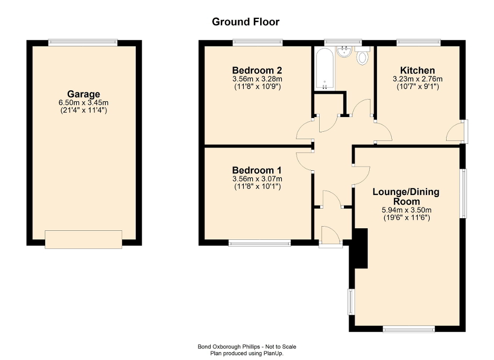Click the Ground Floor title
pyautogui.click(x=245, y=22)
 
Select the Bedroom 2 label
pyautogui.click(x=257, y=70)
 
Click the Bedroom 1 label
pyautogui.click(x=257, y=170)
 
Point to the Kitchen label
pyautogui.click(x=418, y=70)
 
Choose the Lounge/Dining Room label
pyautogui.click(x=406, y=197)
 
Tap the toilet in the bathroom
pyautogui.click(x=362, y=56)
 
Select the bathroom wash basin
pyautogui.click(x=344, y=51)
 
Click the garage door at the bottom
pyautogui.click(x=83, y=239)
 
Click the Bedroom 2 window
pyautogui.click(x=258, y=42)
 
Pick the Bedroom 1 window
pyautogui.click(x=260, y=243)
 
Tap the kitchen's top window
pyautogui.click(x=419, y=42)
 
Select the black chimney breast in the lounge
pyautogui.click(x=360, y=249)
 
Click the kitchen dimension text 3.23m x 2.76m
pyautogui.click(x=418, y=79)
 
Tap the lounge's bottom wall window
pyautogui.click(x=409, y=329)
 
